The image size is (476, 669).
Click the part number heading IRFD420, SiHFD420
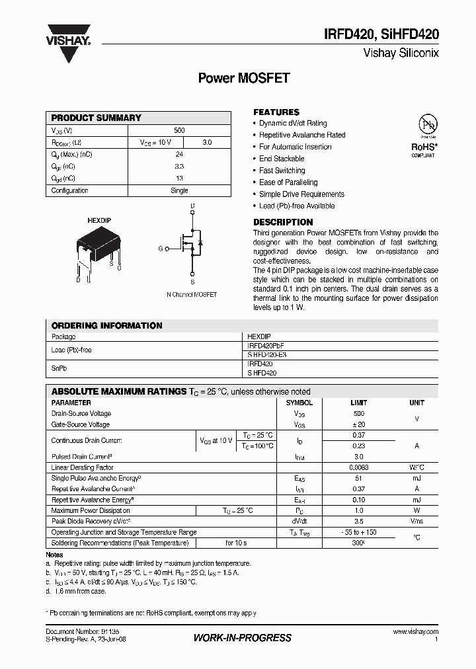381,35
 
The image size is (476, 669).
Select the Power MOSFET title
244,78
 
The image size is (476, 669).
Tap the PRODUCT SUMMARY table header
97,118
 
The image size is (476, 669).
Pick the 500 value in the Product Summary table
179,131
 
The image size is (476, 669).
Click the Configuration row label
70,190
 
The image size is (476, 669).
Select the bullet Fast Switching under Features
282,171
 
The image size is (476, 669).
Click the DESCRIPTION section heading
283,222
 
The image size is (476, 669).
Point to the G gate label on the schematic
160,249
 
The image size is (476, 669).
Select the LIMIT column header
359,403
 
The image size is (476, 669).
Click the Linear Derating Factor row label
83,467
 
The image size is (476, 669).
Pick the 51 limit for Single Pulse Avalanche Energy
359,478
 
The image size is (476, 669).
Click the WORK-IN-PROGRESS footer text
242,638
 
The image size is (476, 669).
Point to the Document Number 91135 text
73,632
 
